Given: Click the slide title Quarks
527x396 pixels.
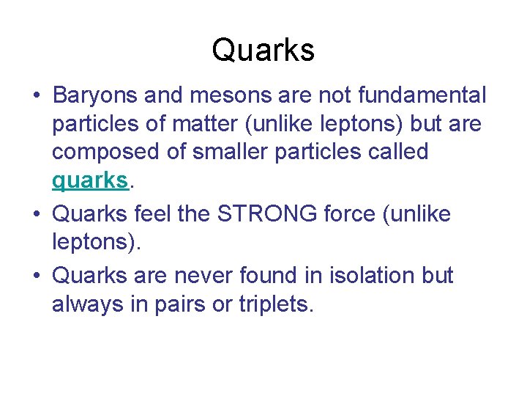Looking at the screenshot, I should click(263, 51).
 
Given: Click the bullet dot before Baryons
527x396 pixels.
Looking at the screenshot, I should click(35, 96).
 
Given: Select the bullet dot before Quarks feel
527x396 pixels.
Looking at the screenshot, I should click(35, 216).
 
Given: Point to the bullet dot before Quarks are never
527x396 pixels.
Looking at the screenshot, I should click(35, 276).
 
